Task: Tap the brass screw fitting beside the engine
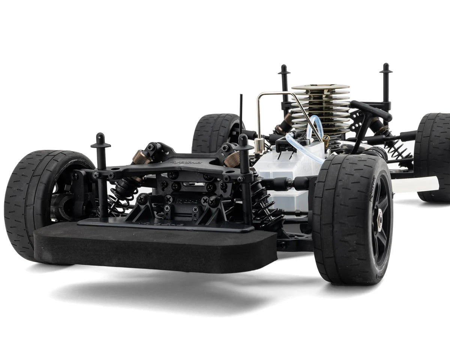click(x=326, y=140)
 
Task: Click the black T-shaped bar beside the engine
click(x=369, y=112)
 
